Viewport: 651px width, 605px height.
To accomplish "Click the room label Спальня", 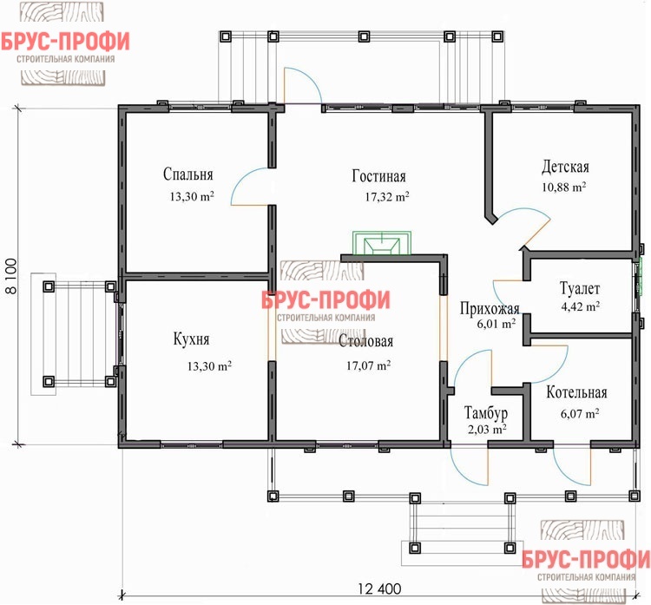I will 188,174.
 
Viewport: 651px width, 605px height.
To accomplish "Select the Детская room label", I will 566,166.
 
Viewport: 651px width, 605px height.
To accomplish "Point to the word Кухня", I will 192,339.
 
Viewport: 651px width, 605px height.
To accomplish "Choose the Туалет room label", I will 581,287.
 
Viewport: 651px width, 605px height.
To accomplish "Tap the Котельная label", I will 576,392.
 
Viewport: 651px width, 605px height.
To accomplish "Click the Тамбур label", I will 486,411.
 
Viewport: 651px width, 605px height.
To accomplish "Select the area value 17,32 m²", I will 387,197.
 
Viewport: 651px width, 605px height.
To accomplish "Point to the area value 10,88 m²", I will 564,187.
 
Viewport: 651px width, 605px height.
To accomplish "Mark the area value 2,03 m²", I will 486,428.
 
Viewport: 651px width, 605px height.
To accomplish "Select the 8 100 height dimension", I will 12,278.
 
